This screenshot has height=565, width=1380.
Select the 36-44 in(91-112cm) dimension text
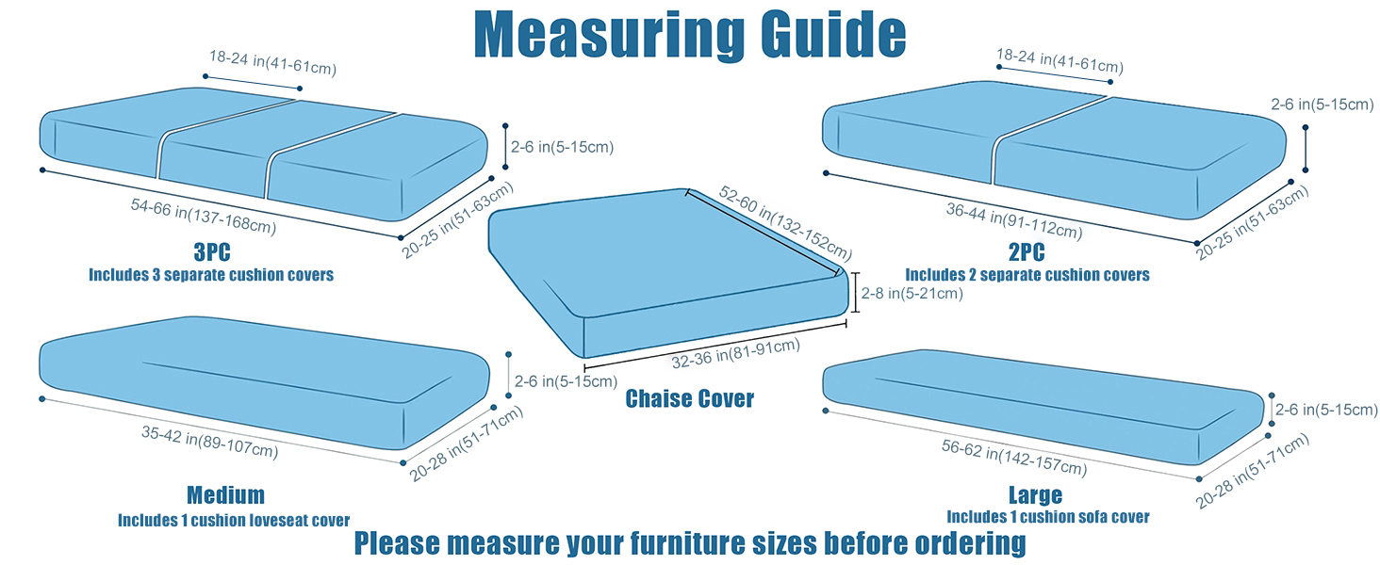click(x=1013, y=219)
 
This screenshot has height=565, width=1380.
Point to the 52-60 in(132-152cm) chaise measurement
click(x=785, y=223)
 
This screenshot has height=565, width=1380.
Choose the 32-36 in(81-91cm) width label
click(x=736, y=354)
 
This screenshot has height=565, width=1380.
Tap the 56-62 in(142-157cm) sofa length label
click(x=1013, y=455)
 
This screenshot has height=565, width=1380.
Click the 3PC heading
click(x=211, y=254)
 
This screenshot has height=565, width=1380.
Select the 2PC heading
click(x=1027, y=254)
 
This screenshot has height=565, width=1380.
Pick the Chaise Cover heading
click(x=690, y=399)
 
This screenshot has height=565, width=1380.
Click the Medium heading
click(x=225, y=495)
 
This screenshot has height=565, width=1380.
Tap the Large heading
click(x=1035, y=495)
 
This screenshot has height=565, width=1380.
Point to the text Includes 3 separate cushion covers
click(x=211, y=276)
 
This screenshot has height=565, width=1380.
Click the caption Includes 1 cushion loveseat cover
click(x=234, y=520)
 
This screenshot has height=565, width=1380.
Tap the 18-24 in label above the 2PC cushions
click(x=1060, y=63)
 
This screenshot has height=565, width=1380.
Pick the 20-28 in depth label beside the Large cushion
click(x=1253, y=471)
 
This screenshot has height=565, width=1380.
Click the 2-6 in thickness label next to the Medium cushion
click(x=563, y=381)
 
